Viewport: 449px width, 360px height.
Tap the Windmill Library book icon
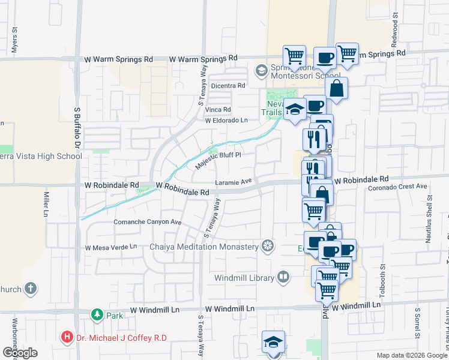[x=283, y=277]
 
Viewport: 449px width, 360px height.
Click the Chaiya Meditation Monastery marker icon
[x=268, y=246]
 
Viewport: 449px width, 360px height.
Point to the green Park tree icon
[x=96, y=314]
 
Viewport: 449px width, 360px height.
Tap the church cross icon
[x=31, y=289]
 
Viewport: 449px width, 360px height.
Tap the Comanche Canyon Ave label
[x=147, y=221]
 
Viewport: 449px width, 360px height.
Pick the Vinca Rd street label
[x=218, y=110]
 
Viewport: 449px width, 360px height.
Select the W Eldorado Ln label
[x=226, y=120]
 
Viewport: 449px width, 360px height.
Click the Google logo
[x=20, y=353]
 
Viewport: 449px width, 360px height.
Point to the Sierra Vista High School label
[x=41, y=157]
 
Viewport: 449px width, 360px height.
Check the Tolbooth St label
[x=382, y=276]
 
